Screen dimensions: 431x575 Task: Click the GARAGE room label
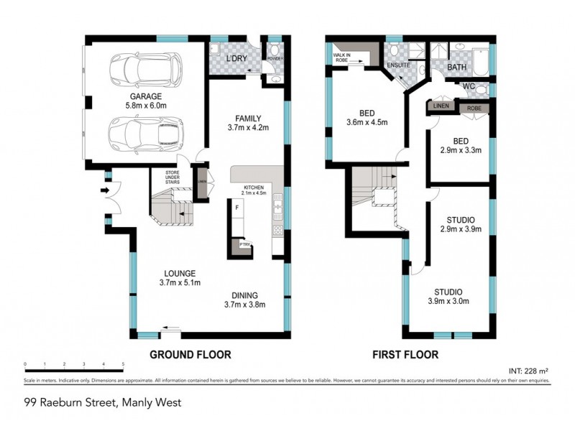point(146,96)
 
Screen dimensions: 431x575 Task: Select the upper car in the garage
point(146,70)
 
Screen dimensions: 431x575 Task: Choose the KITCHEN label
point(255,187)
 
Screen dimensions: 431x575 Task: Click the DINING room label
point(246,295)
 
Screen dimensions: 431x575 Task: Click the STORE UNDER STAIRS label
point(172,177)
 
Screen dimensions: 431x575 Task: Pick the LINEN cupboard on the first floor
point(440,106)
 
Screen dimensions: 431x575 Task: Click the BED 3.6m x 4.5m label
point(367,117)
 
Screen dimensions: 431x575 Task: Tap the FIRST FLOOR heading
point(405,354)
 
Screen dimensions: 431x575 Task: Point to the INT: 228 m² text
point(529,371)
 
